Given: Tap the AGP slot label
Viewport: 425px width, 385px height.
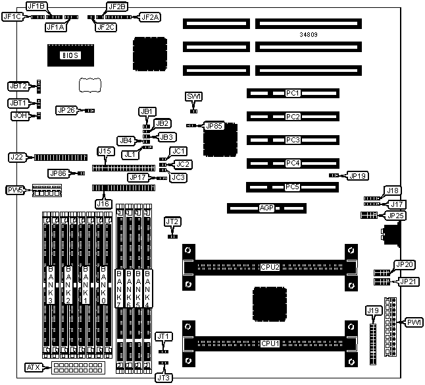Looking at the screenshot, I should point(266,208).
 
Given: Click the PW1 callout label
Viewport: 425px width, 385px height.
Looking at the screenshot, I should point(414,322).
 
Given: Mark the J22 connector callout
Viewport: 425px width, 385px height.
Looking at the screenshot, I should point(17,157).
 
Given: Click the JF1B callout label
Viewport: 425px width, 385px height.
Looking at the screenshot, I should point(36,6).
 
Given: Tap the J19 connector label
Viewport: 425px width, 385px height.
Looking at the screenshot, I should point(373,310).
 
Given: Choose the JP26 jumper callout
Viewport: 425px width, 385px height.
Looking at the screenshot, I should point(66,110).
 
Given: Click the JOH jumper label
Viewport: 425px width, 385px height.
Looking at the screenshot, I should point(19,115).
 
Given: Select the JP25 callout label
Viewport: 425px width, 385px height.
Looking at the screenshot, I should point(397,215).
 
